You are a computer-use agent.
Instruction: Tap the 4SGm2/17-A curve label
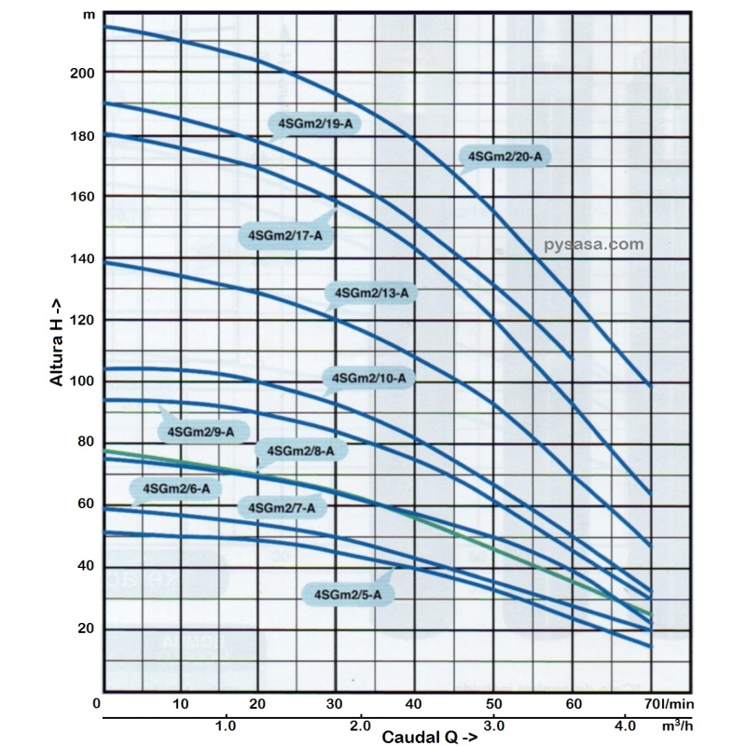pyautogui.click(x=280, y=235)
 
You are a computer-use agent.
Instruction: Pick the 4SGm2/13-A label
pyautogui.click(x=371, y=293)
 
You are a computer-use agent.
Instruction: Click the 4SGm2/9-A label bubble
pyautogui.click(x=202, y=431)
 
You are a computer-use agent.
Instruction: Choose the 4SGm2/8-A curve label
pyautogui.click(x=300, y=451)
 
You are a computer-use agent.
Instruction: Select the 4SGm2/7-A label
pyautogui.click(x=283, y=507)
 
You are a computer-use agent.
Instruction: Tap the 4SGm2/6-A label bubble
pyautogui.click(x=175, y=489)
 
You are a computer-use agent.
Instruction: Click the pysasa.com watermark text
pyautogui.click(x=593, y=244)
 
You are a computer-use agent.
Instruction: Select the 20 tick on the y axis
pyautogui.click(x=85, y=629)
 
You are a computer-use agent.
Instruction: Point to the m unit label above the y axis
pyautogui.click(x=88, y=15)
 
